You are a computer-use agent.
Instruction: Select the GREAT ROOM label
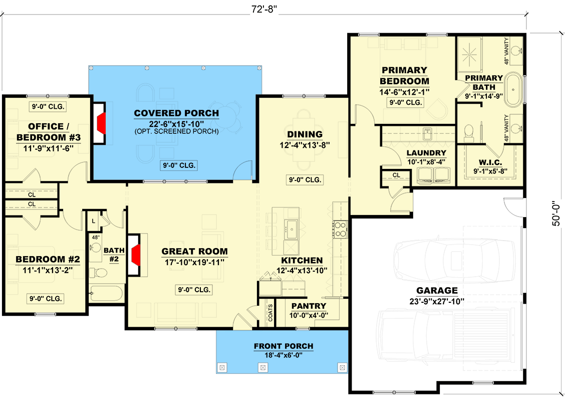(x=194, y=252)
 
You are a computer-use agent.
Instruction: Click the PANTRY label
(x=309, y=306)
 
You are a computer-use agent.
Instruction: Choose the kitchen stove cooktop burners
(x=340, y=229)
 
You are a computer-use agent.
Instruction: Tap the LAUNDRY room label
(x=426, y=153)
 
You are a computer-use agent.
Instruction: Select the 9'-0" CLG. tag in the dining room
(x=305, y=179)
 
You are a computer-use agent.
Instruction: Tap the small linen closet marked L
(x=94, y=220)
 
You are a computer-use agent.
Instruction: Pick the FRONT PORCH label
(x=283, y=346)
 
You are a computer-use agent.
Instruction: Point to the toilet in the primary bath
(x=469, y=132)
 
